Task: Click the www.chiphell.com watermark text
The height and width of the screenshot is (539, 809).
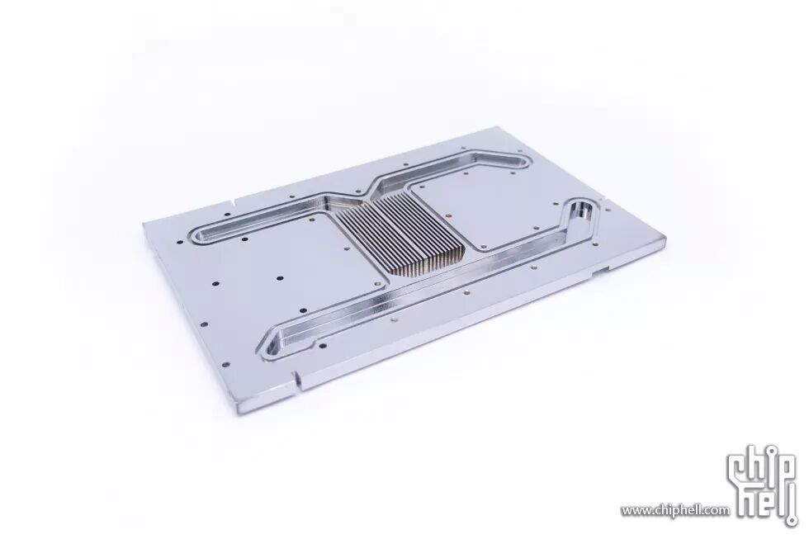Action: [x=675, y=510]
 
